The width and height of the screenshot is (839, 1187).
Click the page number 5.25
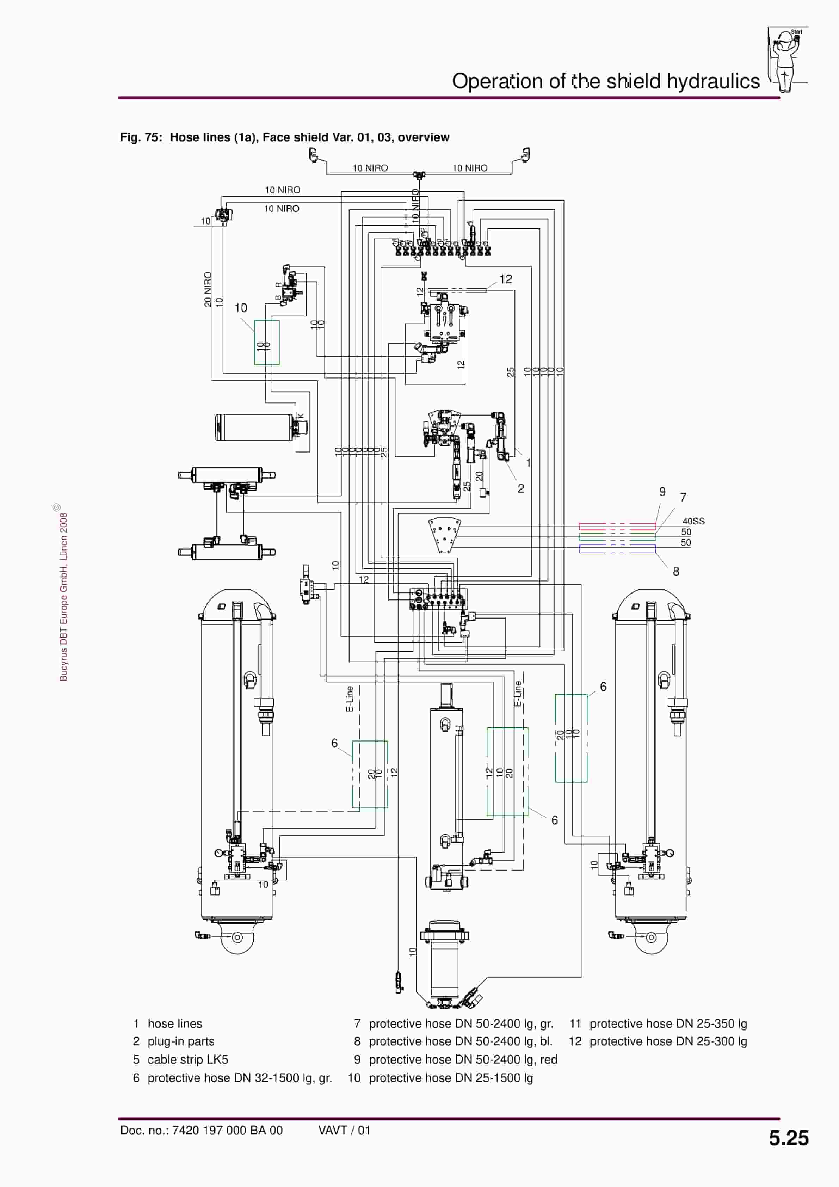pos(788,1137)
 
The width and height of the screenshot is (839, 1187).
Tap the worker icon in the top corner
pos(786,60)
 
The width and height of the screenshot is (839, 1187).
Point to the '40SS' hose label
pos(693,521)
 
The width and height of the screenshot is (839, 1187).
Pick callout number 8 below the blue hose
pos(675,571)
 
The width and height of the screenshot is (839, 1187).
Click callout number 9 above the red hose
pos(662,492)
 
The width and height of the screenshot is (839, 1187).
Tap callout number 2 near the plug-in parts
pos(520,488)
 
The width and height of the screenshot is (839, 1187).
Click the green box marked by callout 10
pos(267,342)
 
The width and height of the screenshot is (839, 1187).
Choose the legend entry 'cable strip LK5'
pos(188,1059)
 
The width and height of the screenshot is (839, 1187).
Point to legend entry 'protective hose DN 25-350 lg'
pos(668,1023)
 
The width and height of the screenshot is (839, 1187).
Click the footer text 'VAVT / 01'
pos(344,1130)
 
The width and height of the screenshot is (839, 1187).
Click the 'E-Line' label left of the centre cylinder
pos(350,699)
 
